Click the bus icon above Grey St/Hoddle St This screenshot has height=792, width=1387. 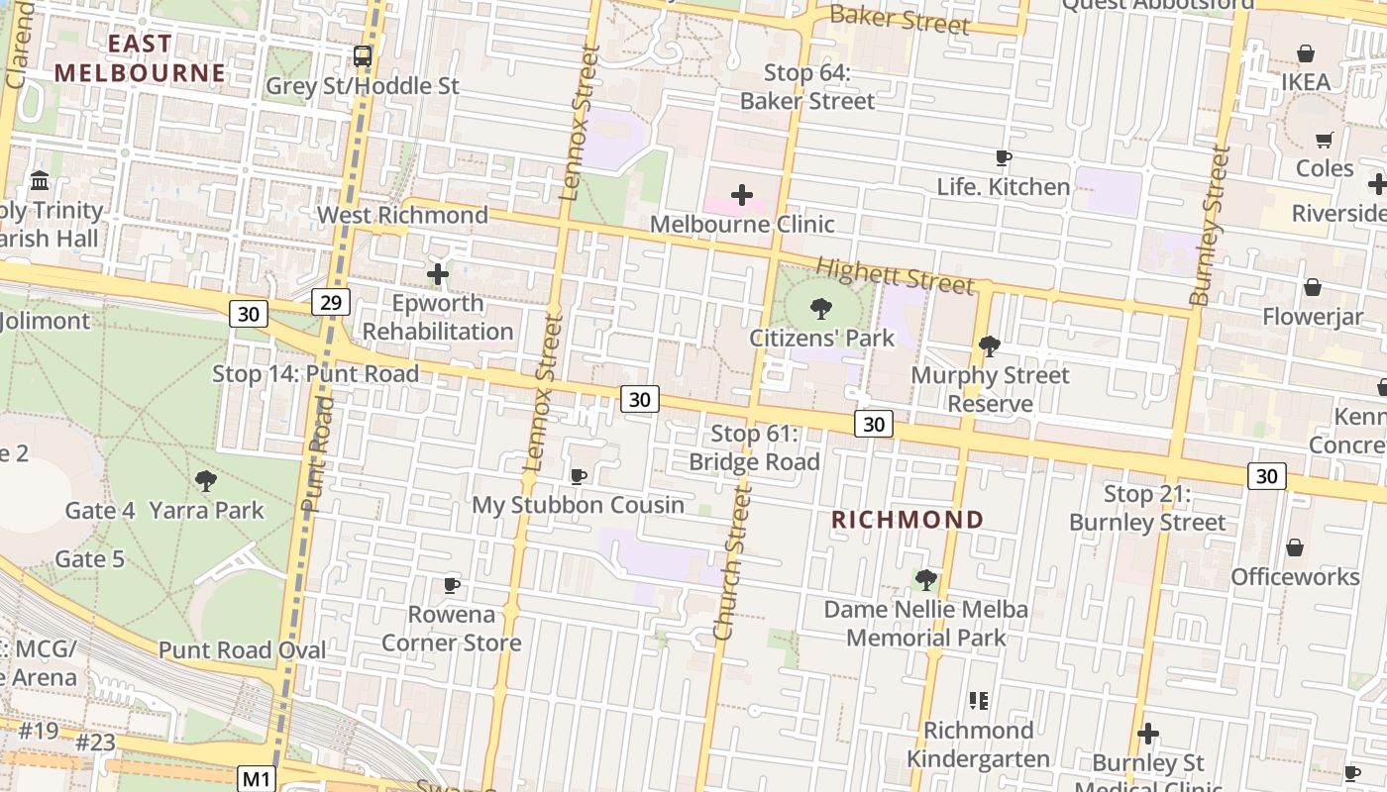[363, 56]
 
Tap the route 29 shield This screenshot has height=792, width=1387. [331, 302]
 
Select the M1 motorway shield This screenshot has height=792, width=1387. [257, 779]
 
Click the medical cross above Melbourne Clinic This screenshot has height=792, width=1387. [741, 195]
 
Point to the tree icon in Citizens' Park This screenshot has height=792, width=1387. [820, 309]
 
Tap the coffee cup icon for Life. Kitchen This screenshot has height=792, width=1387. [1004, 157]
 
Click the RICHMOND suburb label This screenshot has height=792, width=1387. [907, 520]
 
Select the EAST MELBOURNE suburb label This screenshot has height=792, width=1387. [140, 58]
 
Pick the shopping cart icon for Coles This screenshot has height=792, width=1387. [1325, 140]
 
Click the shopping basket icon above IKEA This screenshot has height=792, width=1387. [1306, 53]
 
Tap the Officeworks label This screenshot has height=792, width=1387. [1295, 576]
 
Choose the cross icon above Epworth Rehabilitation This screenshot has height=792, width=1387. [438, 274]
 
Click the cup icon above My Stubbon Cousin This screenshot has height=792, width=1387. [579, 476]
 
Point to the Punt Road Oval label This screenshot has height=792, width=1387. [242, 650]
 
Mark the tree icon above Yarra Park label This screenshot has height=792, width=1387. [206, 481]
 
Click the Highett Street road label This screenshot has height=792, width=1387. [895, 275]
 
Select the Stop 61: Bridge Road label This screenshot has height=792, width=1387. [755, 447]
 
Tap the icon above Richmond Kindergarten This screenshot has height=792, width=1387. [979, 701]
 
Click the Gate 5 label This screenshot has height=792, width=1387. [90, 559]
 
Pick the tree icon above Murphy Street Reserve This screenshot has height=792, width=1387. [989, 346]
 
